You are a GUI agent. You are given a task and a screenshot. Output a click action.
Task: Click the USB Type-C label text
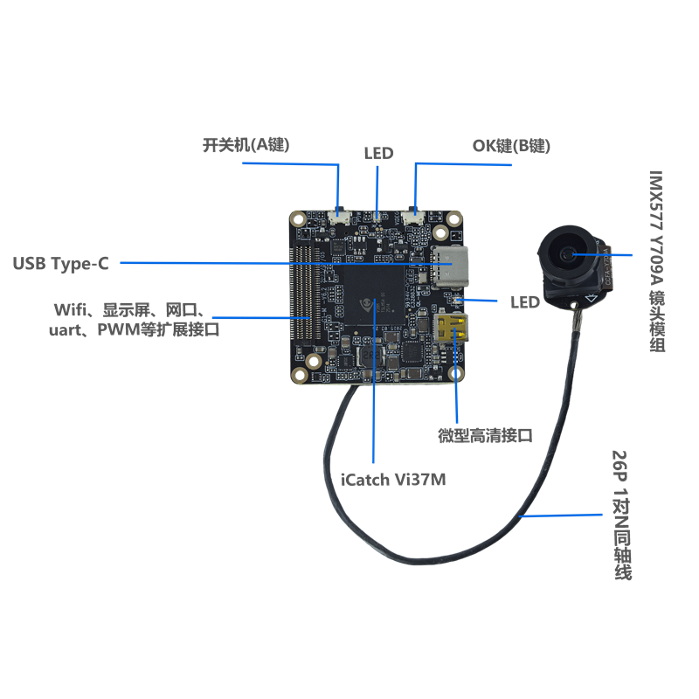[x=60, y=263]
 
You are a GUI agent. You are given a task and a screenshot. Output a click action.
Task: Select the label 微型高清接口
[x=485, y=435]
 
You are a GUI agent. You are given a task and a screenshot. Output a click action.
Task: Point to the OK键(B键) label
[x=511, y=146]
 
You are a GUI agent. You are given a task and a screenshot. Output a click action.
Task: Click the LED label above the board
[x=378, y=154]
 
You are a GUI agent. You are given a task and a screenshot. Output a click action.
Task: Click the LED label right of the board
[x=524, y=302]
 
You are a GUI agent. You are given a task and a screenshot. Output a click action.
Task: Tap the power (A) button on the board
[x=340, y=212]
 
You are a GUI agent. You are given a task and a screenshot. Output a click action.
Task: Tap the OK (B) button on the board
[x=415, y=212]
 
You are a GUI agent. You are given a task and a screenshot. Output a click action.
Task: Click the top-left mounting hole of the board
[x=300, y=218]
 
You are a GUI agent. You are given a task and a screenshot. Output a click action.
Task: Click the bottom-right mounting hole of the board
[x=457, y=375]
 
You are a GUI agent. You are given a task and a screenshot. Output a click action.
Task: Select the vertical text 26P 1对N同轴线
[x=621, y=516]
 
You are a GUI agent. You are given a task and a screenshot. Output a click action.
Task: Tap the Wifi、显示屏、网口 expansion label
[x=130, y=320]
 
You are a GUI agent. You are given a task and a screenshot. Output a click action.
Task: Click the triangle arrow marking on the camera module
[x=591, y=298]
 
